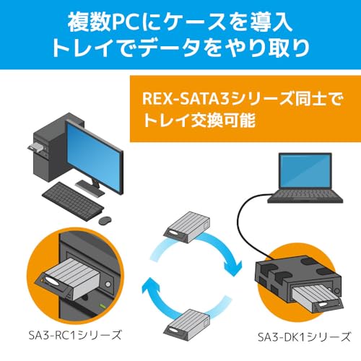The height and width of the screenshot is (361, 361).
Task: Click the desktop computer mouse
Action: pyautogui.click(x=105, y=220)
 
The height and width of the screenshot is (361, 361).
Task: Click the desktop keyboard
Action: pyautogui.click(x=73, y=201)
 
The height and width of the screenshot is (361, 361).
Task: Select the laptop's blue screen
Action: pyautogui.click(x=305, y=171)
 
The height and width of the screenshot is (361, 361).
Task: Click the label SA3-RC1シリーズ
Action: pyautogui.click(x=75, y=335)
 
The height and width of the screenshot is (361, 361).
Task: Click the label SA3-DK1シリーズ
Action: pyautogui.click(x=304, y=337)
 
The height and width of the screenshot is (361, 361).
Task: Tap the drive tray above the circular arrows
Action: pyautogui.click(x=187, y=227)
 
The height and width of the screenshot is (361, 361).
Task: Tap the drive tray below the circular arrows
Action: pyautogui.click(x=187, y=325)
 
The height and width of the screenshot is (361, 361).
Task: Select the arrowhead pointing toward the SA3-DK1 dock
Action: pyautogui.click(x=232, y=268)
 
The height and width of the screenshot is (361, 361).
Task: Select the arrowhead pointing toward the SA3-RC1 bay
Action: pyautogui.click(x=151, y=286)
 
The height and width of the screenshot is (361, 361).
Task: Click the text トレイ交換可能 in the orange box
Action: pyautogui.click(x=199, y=120)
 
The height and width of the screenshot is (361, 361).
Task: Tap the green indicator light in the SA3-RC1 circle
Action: pyautogui.click(x=103, y=306)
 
